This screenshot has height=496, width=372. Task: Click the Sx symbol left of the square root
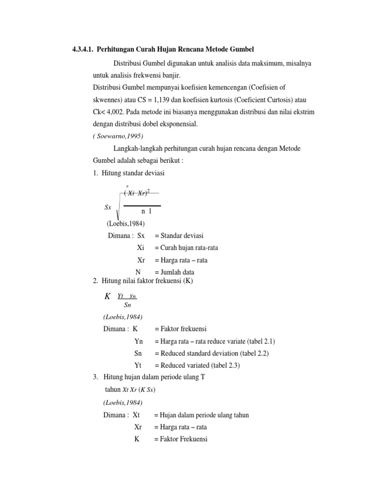(x=108, y=207)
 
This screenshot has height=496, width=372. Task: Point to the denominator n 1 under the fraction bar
(x=146, y=212)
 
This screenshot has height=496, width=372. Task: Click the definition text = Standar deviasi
(x=179, y=235)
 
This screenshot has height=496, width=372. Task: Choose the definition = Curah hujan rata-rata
(x=186, y=248)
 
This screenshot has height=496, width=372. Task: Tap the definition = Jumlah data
(x=175, y=272)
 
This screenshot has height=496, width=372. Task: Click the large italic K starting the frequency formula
(x=108, y=296)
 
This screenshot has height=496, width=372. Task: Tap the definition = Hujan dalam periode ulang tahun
(x=201, y=415)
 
